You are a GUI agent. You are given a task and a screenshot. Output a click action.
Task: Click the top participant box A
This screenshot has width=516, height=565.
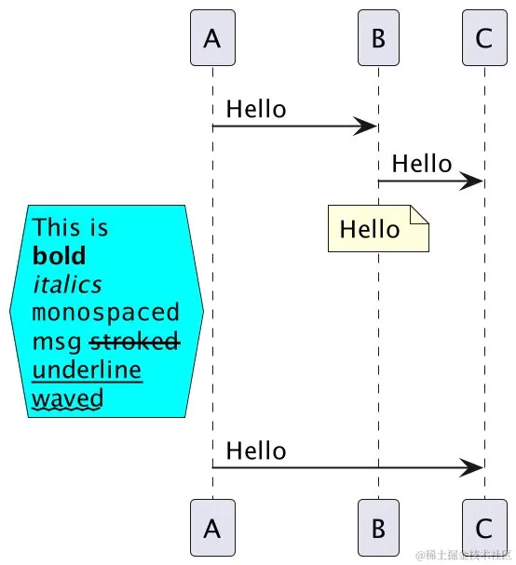tap(212, 38)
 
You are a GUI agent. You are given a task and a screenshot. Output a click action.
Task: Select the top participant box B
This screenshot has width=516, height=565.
tap(378, 38)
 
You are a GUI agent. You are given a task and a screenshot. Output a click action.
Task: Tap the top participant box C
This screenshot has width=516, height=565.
tap(483, 38)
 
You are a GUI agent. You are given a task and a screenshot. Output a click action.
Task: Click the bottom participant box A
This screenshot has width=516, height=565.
tap(212, 527)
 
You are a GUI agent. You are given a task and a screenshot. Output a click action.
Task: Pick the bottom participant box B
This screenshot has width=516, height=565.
tap(378, 527)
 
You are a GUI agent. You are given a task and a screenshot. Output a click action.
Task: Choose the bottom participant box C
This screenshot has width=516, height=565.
tap(483, 527)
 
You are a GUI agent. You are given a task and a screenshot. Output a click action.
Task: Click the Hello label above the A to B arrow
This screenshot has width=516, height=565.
tap(256, 109)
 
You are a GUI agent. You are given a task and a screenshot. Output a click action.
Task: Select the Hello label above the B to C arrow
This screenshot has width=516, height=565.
tap(422, 165)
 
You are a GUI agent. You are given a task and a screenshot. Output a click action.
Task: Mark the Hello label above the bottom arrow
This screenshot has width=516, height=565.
tap(256, 451)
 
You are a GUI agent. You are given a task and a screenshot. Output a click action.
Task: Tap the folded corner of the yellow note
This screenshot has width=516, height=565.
tap(419, 216)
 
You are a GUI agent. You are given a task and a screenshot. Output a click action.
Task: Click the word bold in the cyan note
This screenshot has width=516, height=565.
tap(59, 256)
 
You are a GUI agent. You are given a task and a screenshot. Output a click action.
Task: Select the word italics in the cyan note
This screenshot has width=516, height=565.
tap(67, 284)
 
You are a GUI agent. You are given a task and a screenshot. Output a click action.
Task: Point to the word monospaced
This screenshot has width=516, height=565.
tap(105, 313)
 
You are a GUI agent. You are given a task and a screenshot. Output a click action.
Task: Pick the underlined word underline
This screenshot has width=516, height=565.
tap(87, 370)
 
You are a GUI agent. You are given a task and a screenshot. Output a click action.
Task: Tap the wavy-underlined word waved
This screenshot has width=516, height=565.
tap(67, 398)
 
